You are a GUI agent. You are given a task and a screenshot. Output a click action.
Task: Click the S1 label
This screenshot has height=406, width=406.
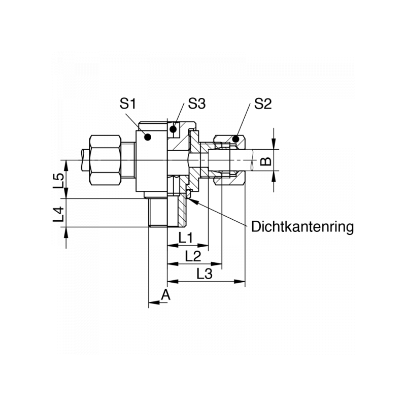coord(128,104)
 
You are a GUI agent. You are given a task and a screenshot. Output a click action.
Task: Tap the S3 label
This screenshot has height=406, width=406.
coord(197,104)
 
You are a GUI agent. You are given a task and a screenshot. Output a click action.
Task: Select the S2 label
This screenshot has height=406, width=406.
coord(263,104)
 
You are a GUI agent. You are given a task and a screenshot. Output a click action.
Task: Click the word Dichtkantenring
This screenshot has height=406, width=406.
coord(302,227)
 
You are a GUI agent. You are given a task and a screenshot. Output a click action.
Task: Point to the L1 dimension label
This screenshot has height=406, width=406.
coord(186,238)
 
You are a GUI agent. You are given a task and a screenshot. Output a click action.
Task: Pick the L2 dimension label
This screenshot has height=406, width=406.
coord(193,256)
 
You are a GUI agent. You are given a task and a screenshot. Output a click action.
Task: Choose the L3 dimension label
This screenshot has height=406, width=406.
coord(205,274)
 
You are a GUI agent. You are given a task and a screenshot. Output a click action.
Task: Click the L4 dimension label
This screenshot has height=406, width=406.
coord(58,214)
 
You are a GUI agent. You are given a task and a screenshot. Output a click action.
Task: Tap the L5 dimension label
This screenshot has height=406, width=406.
coord(58,181)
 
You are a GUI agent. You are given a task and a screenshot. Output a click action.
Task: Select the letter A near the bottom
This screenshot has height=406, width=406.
coord(165,295)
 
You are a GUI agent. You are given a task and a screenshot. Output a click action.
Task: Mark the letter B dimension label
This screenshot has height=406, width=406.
coord(265,161)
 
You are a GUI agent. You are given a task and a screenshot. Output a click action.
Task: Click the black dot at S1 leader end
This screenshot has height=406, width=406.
coord(148,137)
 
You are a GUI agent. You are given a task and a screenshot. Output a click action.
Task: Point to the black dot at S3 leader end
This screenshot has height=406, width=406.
coord(173,128)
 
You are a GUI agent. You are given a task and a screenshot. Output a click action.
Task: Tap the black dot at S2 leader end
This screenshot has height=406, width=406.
coord(235,139)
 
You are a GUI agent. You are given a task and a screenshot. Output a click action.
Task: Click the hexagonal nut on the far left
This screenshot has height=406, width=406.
coord(105,160)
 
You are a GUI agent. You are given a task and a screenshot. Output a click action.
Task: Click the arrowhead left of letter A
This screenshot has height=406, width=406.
coord(154,302)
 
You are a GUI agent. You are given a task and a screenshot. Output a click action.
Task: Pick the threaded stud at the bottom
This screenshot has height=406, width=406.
coord(158,212)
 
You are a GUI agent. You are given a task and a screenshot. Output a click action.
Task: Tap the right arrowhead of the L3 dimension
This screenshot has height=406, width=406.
coord(240,282)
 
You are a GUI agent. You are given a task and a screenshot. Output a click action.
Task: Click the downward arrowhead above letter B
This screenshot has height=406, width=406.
coord(274,144)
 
